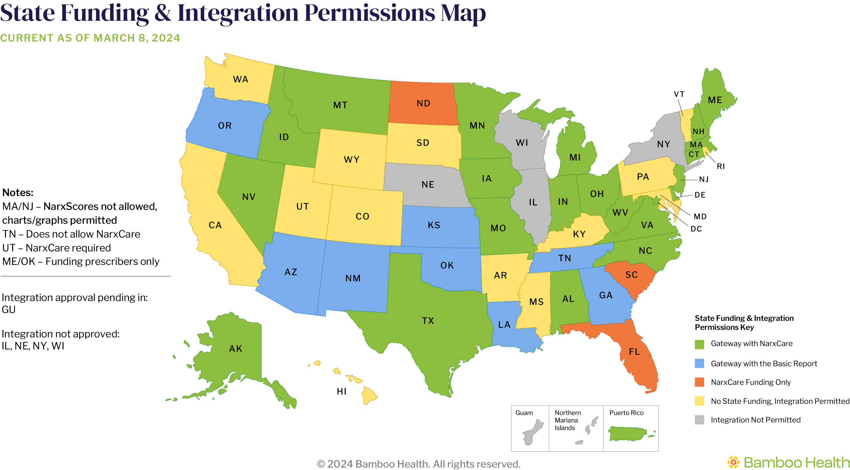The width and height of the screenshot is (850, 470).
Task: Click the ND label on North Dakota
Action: (x=423, y=103)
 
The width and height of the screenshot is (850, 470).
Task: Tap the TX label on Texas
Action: (x=428, y=321)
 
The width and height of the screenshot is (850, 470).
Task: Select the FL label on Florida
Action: (x=634, y=352)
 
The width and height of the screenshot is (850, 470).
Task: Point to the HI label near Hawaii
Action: (x=342, y=392)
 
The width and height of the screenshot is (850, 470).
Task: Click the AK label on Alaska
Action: (x=235, y=349)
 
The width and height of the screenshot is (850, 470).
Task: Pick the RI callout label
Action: (x=721, y=166)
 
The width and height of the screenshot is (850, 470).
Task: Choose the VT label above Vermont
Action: (x=679, y=94)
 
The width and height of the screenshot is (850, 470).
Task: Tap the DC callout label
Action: (x=696, y=229)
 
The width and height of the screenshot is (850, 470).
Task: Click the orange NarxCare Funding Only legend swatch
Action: (x=699, y=382)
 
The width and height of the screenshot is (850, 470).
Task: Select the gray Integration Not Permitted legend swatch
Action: (x=699, y=420)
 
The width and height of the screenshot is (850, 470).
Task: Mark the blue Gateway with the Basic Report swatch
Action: (x=699, y=363)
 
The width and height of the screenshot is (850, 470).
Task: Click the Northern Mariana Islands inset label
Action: (x=568, y=420)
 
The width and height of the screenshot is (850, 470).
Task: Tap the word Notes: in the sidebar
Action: (x=18, y=192)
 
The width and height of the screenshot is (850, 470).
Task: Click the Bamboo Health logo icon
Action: (x=733, y=462)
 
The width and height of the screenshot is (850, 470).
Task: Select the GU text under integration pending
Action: (x=9, y=310)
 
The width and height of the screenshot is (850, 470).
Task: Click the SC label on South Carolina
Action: (x=632, y=275)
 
